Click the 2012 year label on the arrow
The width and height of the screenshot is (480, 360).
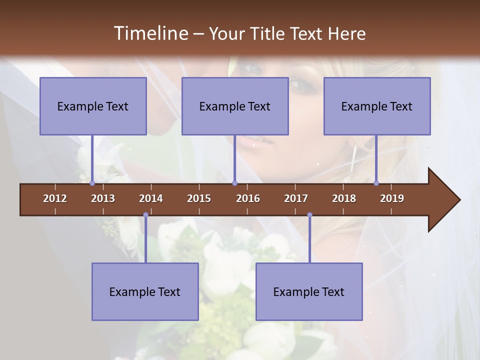pos(55,198)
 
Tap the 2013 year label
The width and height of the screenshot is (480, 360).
pos(103,198)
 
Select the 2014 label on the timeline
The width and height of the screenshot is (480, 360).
pos(151,198)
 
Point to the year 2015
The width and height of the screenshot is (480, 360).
pos(199,198)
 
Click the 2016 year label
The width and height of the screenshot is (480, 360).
pos(248,198)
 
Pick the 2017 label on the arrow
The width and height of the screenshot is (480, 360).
pos(296,198)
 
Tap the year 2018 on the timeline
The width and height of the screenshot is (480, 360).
pos(344,198)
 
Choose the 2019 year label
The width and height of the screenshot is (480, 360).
pos(392,198)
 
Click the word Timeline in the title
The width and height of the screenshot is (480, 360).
pos(150,33)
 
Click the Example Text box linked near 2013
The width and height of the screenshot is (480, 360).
pos(93,106)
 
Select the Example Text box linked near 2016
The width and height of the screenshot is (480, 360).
pos(235,106)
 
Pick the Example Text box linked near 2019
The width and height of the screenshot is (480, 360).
pos(377,106)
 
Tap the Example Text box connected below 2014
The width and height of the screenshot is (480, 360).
pos(145,291)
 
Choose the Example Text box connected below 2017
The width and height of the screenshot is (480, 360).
pos(309,291)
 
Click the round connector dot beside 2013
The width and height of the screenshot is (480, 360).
pos(92,183)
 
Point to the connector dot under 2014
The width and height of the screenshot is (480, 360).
pos(145,215)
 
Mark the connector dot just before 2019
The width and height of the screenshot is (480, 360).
pos(376,183)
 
